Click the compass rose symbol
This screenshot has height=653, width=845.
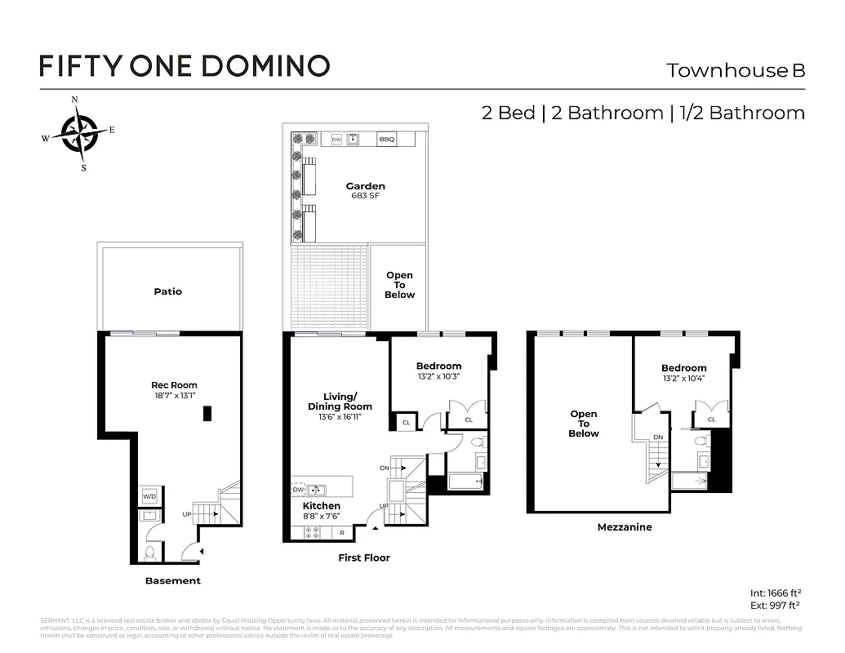click(78, 133)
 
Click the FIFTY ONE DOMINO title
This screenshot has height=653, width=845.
click(185, 65)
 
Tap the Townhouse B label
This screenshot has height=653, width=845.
click(736, 70)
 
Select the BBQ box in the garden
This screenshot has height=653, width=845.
click(386, 140)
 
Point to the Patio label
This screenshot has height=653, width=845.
click(168, 291)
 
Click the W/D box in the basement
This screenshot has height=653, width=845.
click(150, 496)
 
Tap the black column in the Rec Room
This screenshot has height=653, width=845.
click(208, 413)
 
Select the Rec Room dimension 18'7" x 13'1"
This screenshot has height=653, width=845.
click(174, 395)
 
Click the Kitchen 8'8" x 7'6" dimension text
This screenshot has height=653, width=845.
click(322, 516)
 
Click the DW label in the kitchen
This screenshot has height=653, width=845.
click(298, 490)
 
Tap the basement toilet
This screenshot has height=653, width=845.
click(149, 553)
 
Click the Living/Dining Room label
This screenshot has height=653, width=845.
click(340, 402)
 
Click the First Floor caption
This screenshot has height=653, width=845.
click(364, 557)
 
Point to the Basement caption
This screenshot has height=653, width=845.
click(172, 580)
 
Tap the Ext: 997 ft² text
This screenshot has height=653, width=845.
click(775, 605)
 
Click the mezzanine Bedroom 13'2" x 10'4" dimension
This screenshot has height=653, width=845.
click(684, 378)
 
